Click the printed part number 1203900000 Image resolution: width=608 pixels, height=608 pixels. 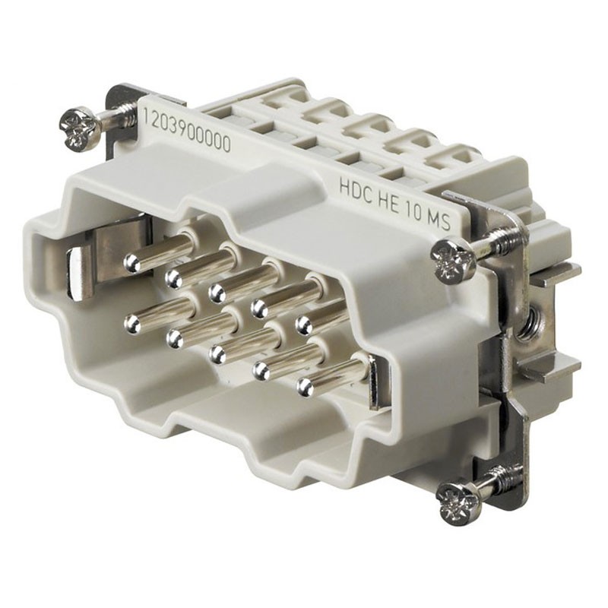pos(187,130)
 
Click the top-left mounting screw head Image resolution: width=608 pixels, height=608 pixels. pos(76,128)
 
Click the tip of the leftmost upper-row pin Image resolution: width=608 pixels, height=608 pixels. pos(131,263)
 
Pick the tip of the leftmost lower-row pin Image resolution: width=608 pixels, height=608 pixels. pos(132,324)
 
